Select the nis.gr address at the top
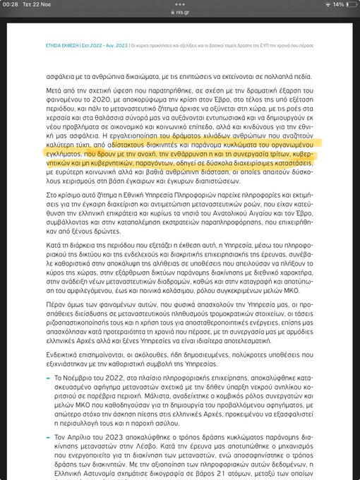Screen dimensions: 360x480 pos(182,12)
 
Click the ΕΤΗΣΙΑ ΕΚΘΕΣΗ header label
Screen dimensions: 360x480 pos(61,44)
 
